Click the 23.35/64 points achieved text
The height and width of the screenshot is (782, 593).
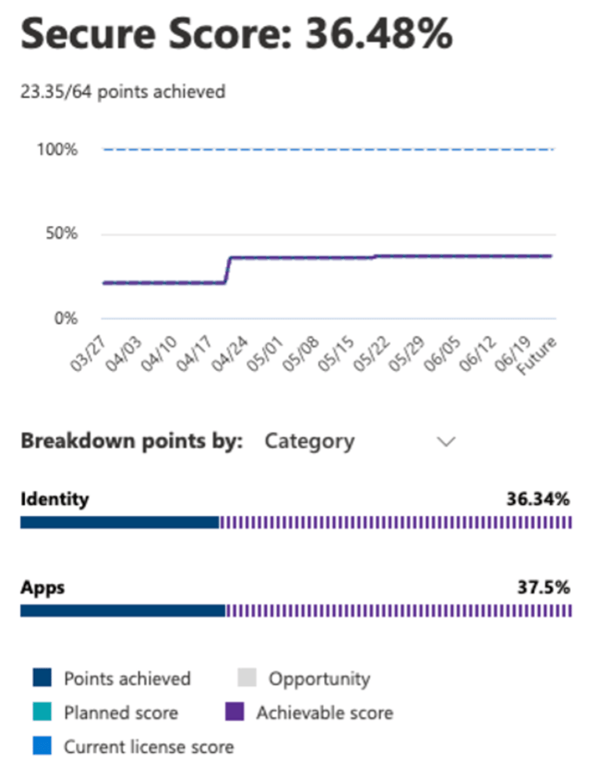pyautogui.click(x=123, y=92)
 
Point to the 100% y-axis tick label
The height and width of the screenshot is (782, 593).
pyautogui.click(x=57, y=150)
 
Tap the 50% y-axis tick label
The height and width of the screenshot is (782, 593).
pyautogui.click(x=61, y=234)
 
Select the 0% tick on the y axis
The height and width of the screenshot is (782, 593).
pyautogui.click(x=66, y=319)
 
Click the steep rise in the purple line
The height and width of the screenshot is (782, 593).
pyautogui.click(x=228, y=269)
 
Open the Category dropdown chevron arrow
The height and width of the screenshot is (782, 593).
pyautogui.click(x=446, y=441)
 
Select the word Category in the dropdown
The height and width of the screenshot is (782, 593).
pyautogui.click(x=309, y=441)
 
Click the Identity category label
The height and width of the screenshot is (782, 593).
pyautogui.click(x=55, y=499)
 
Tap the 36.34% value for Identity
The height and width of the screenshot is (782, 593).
pyautogui.click(x=539, y=499)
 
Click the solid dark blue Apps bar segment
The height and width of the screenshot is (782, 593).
pyautogui.click(x=123, y=611)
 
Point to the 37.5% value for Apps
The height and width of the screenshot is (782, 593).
pyautogui.click(x=543, y=588)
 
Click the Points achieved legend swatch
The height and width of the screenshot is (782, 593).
pyautogui.click(x=43, y=678)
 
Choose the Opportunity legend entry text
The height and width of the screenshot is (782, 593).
pyautogui.click(x=319, y=679)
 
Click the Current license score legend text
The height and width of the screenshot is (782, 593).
pyautogui.click(x=149, y=747)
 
